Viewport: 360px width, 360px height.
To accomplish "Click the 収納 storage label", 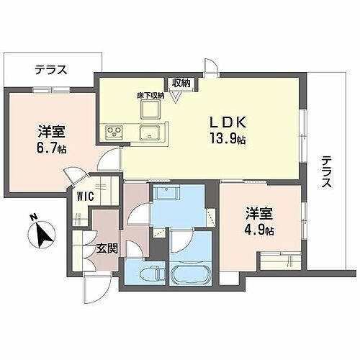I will click(181, 83).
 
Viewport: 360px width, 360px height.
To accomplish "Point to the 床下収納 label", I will click(151, 94).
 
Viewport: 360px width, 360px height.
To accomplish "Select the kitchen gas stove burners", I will click(115, 132).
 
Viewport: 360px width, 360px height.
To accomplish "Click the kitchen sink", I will click(150, 132).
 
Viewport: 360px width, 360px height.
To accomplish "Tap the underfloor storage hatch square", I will click(151, 109).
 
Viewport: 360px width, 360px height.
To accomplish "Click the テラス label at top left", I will click(51, 70).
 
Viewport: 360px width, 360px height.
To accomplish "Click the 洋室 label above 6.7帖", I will click(51, 132).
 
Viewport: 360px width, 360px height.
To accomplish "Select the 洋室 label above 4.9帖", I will click(258, 214).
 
